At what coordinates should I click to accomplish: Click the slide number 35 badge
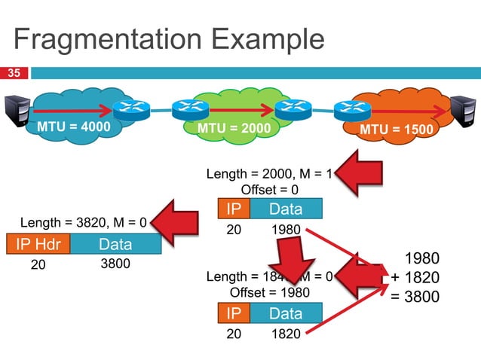point(14,73)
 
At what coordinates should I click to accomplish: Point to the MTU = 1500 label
point(396,130)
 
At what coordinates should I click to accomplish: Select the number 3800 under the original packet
point(115,264)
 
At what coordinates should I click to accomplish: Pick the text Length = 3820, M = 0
point(83,223)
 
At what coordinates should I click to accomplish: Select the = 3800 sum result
point(414,297)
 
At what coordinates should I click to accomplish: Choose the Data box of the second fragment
point(285,313)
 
